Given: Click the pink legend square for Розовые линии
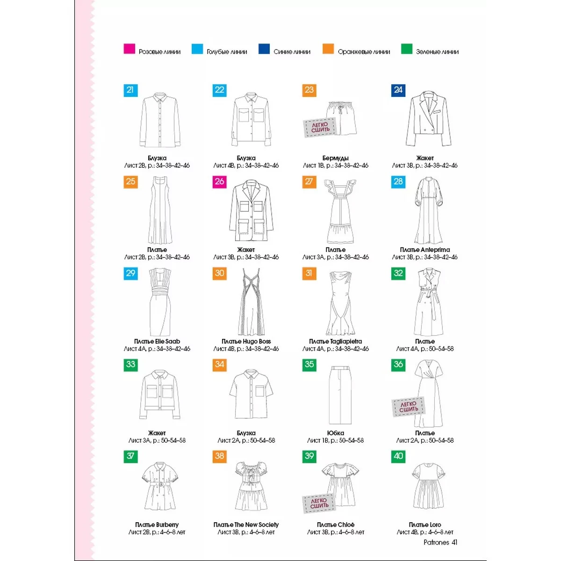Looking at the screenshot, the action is pos(129,49).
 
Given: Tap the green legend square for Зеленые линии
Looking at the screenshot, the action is pos(406,49).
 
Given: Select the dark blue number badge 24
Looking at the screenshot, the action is pos(398,90).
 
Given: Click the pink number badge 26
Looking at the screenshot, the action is pos(220,182).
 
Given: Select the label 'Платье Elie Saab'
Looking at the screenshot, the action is pos(157,341).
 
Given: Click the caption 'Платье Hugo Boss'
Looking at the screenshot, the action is pos(246,341).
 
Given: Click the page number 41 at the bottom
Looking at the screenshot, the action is pos(454,542).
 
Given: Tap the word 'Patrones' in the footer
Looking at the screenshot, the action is pos(436,542).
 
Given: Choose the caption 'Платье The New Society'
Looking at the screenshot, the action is pos(246,525).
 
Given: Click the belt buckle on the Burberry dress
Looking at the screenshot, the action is pos(160,484).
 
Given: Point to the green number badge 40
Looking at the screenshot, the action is pos(398,456).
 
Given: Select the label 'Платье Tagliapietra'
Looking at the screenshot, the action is pos(335,341).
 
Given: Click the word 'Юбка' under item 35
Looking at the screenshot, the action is pos(335,433).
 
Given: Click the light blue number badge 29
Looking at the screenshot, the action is pos(131,273).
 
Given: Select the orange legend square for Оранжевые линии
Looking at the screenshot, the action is pos(328,49).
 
